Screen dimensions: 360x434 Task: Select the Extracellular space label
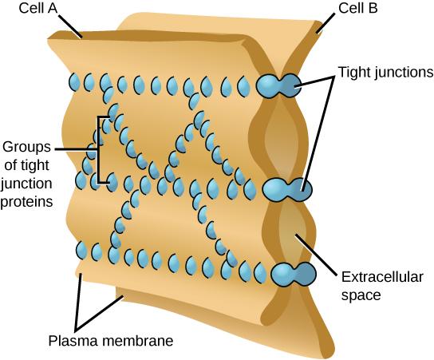click(381, 285)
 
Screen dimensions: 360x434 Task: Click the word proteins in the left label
click(27, 202)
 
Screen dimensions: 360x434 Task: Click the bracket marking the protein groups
click(99, 150)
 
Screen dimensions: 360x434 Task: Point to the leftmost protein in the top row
click(73, 81)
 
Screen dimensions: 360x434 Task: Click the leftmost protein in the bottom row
click(81, 251)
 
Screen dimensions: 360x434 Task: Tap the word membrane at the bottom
click(136, 341)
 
